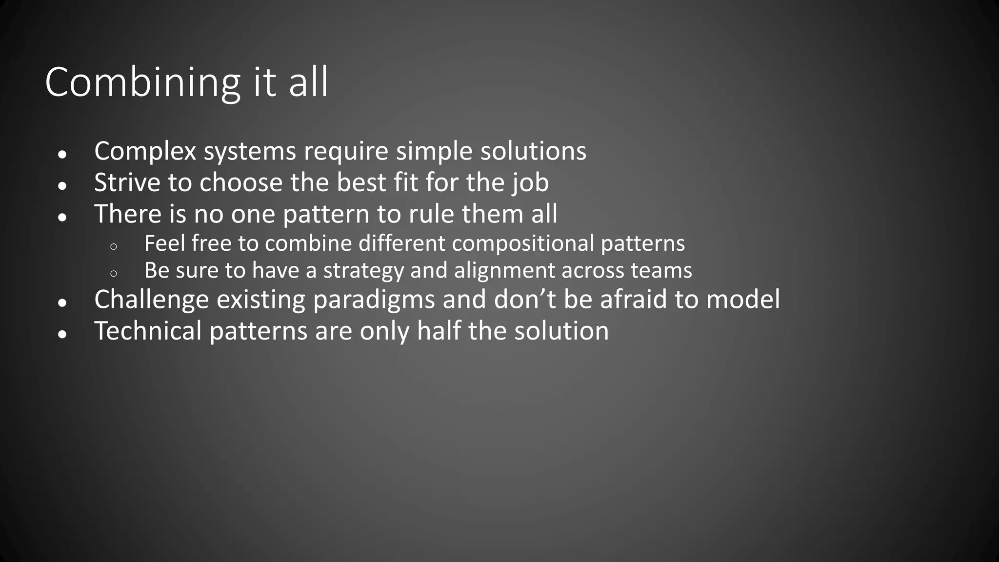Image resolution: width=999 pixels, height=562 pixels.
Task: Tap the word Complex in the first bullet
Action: (145, 151)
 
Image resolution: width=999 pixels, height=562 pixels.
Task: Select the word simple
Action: (434, 151)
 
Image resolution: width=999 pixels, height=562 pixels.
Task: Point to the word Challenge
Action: (151, 300)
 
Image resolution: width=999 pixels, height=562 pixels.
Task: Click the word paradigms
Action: (374, 300)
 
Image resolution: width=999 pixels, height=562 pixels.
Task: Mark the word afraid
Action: (633, 299)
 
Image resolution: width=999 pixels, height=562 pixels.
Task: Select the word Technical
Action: (148, 331)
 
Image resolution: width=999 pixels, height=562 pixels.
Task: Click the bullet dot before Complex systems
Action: (62, 154)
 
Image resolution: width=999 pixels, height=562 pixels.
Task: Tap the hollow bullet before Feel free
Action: (114, 247)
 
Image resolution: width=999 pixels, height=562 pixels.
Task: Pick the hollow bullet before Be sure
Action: (114, 274)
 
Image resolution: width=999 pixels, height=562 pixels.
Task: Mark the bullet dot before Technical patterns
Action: (62, 334)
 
